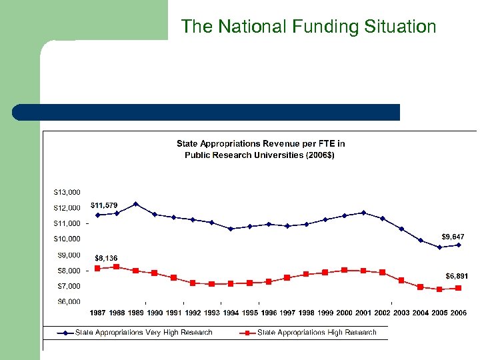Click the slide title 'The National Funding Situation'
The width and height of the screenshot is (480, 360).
[x=309, y=27]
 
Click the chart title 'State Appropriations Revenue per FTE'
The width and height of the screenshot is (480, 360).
[x=261, y=149]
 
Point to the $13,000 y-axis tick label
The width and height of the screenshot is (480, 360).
[x=67, y=192]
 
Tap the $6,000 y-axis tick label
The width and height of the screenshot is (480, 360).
[x=67, y=302]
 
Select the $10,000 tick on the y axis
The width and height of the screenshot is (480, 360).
[x=67, y=239]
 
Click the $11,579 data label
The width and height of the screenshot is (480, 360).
[x=104, y=205]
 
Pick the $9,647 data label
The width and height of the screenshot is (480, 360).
[x=453, y=237]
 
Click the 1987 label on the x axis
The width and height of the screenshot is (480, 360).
[x=97, y=313]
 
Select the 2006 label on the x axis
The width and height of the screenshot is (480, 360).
[x=458, y=313]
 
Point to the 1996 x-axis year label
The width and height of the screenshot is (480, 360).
[x=269, y=313]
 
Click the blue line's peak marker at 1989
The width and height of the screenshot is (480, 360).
[x=135, y=204]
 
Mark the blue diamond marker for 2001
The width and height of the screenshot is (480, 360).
[x=363, y=213]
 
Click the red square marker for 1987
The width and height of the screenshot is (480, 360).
[x=97, y=268]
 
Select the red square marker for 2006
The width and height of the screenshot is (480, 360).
[x=458, y=288]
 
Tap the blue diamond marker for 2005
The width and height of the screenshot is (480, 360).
[x=439, y=247]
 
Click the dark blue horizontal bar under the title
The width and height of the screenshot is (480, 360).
[x=206, y=112]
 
